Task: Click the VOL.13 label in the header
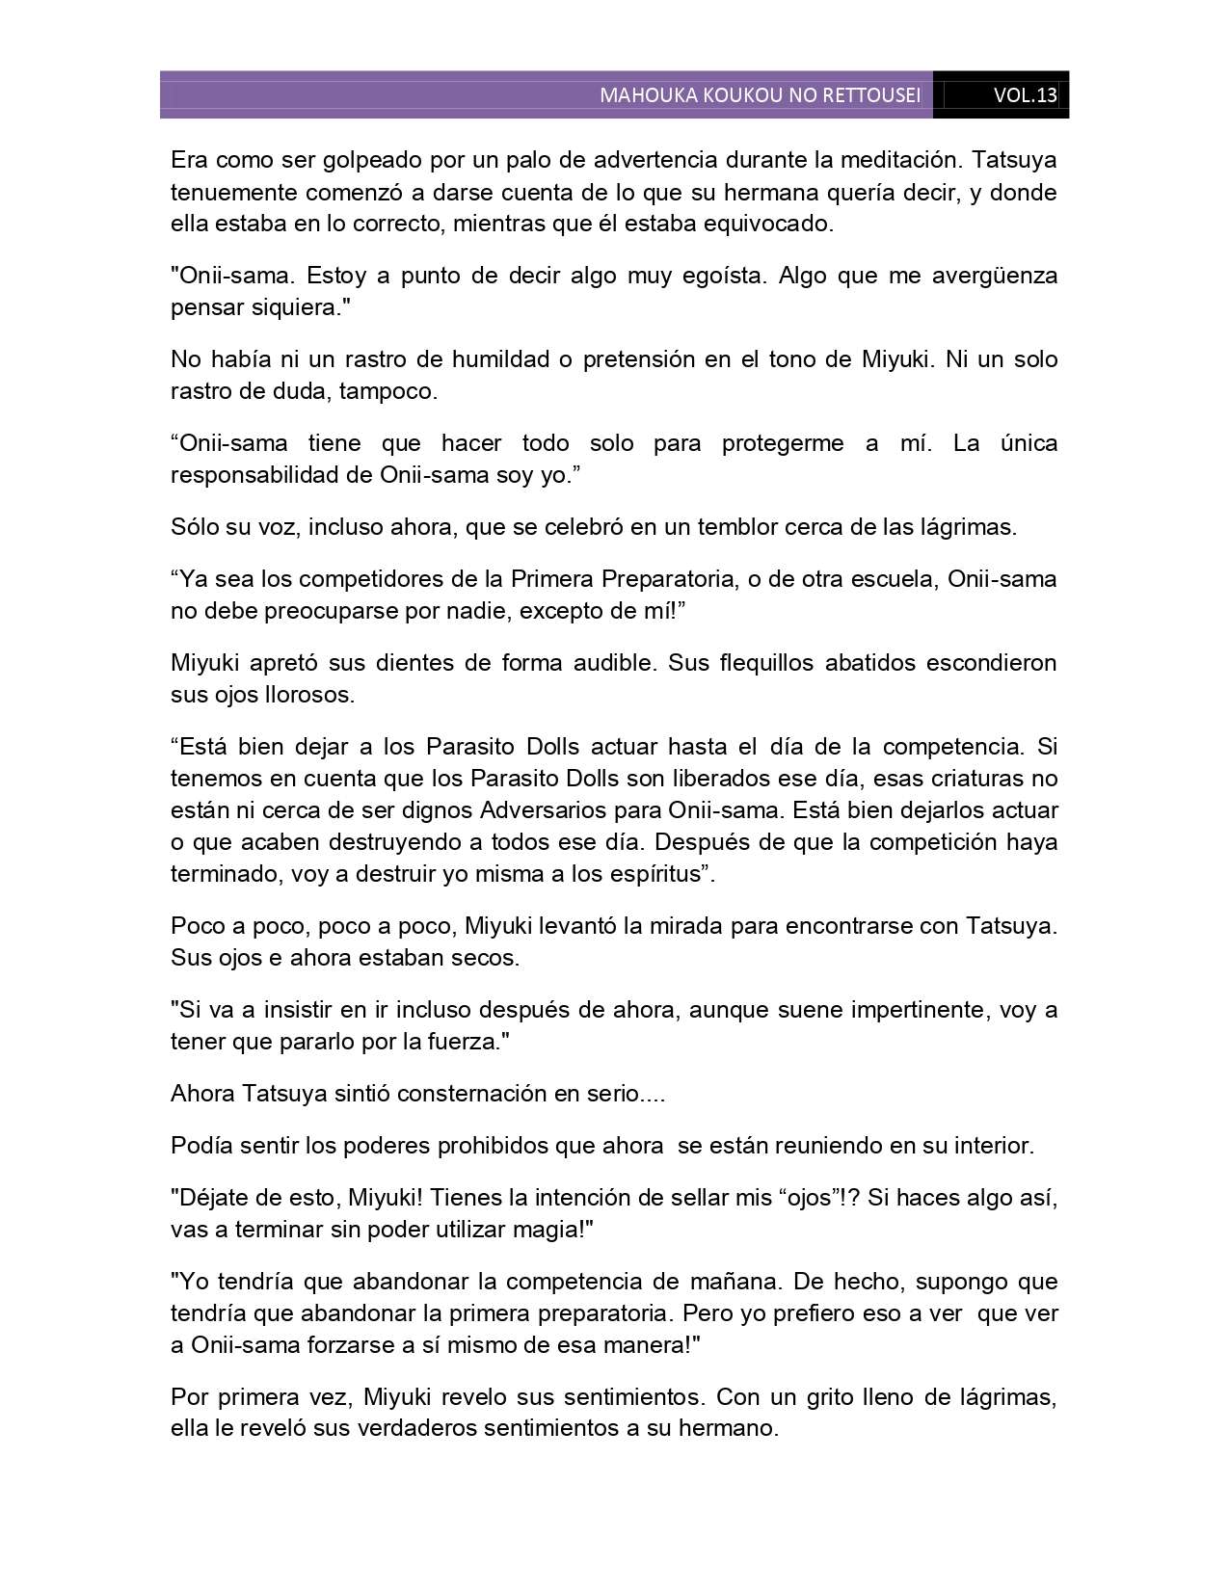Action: tap(1025, 95)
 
